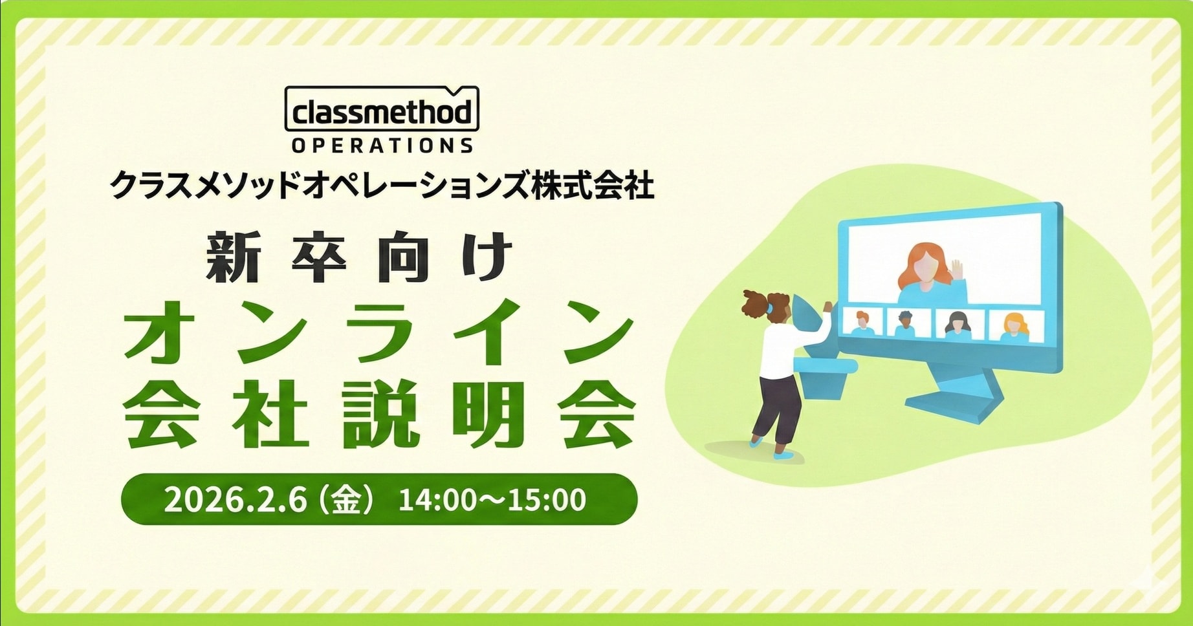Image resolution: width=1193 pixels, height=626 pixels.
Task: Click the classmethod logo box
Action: click(x=382, y=109)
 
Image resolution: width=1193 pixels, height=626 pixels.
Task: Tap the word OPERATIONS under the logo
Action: click(x=382, y=146)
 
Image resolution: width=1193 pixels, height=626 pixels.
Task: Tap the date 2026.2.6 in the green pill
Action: click(x=235, y=500)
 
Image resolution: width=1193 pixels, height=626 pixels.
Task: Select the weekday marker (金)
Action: click(x=346, y=500)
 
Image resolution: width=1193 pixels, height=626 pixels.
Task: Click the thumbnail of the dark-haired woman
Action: click(x=958, y=324)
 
